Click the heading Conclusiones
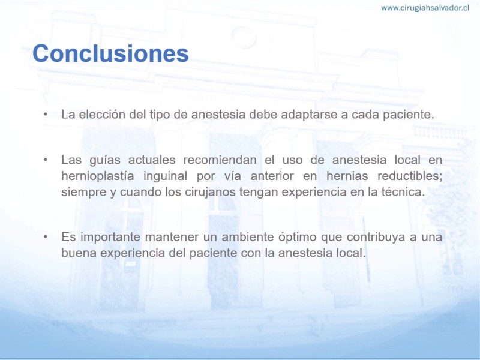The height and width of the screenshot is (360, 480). pos(110,53)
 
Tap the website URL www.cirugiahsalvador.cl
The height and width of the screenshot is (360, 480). pos(425,8)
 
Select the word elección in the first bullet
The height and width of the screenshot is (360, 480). pos(102,114)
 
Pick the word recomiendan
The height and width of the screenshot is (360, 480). pos(220,160)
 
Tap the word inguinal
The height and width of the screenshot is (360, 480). pos(166,176)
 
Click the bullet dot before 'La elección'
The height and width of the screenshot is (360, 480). pos(46,115)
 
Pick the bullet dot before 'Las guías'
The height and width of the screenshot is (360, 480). pos(46,160)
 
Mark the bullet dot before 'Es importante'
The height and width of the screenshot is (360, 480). pos(46,237)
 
